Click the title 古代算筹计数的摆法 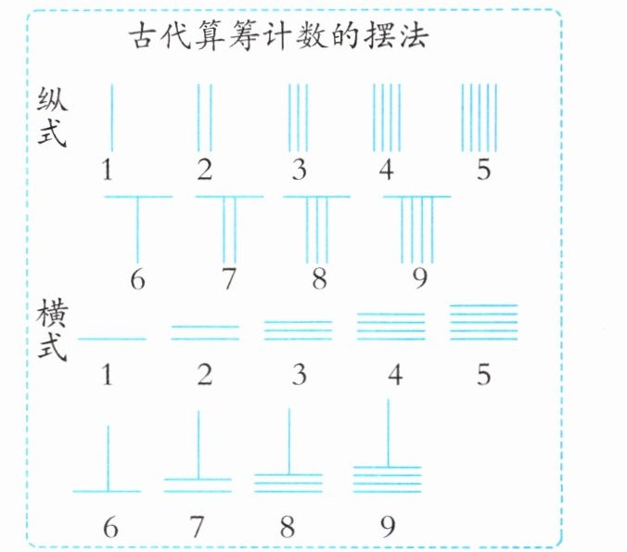click(x=278, y=40)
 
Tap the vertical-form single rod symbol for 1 click(x=111, y=117)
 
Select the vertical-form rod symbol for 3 click(x=298, y=117)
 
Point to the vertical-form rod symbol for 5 click(x=480, y=117)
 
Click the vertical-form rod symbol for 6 click(x=137, y=227)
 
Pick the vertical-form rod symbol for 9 click(x=416, y=229)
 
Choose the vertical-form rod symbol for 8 click(x=317, y=228)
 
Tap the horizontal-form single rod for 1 click(x=111, y=340)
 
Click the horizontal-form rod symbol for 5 click(x=482, y=324)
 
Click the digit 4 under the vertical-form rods click(x=386, y=170)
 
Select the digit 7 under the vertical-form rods click(x=227, y=277)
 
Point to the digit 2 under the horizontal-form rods click(x=204, y=375)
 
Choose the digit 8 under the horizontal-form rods click(x=287, y=526)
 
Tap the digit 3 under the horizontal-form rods click(x=297, y=375)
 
